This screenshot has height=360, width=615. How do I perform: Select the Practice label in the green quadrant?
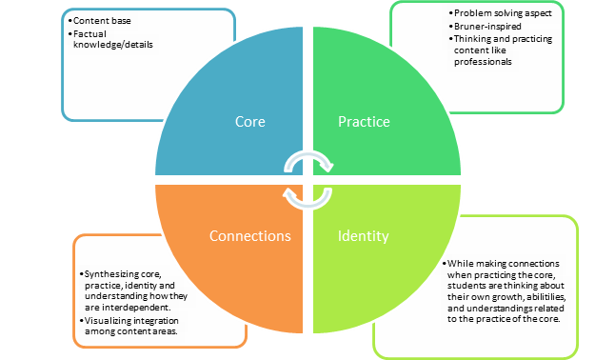365,123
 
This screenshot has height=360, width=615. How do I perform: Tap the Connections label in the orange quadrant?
249,234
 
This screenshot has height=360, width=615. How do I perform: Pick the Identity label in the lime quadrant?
364,234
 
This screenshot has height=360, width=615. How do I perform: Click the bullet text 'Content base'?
104,20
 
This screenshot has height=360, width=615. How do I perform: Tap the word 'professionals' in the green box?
482,62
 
